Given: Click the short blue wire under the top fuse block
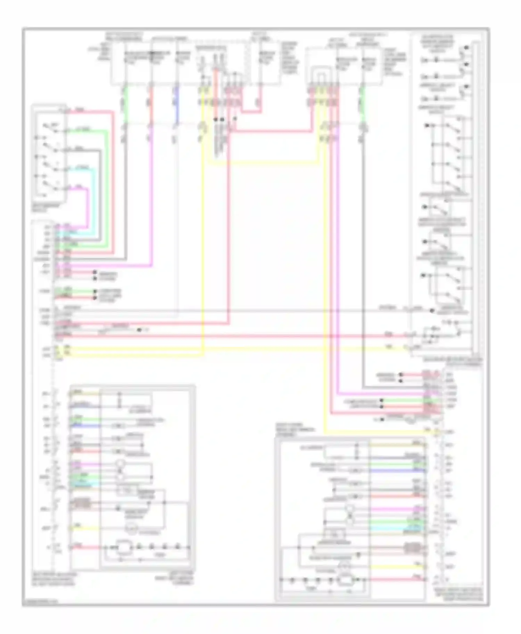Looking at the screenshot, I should tap(177, 104).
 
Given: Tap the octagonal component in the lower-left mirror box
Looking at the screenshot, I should tap(122, 548).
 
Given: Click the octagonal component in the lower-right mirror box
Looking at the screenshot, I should tap(345, 580).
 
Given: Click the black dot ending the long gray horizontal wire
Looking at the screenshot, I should tap(432, 311).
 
